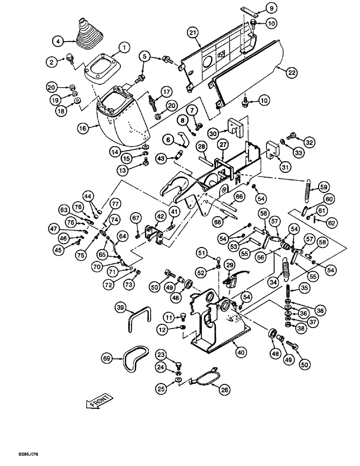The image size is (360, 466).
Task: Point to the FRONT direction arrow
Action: coord(98,400)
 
